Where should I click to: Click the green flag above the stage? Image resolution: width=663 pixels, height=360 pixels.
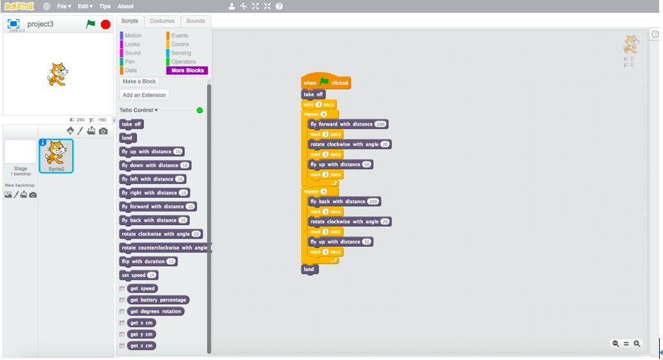[91, 24]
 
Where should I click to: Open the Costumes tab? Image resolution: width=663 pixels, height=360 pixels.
[162, 21]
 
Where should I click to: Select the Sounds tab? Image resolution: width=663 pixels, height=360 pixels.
[195, 21]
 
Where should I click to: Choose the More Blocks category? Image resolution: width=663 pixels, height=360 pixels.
[187, 71]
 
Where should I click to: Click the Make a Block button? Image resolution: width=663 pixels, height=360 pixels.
[140, 82]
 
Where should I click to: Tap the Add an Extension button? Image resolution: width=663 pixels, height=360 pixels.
[144, 95]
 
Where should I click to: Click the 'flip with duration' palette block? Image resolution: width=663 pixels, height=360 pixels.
[142, 262]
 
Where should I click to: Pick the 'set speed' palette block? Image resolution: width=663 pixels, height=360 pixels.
[133, 275]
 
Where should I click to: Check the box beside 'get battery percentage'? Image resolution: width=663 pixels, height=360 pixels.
[122, 300]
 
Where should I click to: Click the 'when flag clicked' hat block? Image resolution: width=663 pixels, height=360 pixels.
[325, 82]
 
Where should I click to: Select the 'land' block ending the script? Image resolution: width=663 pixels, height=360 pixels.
[309, 269]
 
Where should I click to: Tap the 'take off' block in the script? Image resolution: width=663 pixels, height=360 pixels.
[313, 94]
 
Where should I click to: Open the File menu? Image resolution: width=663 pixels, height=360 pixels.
[64, 6]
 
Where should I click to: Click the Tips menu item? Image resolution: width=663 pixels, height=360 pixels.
[105, 6]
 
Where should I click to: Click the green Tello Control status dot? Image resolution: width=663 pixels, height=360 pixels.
[199, 111]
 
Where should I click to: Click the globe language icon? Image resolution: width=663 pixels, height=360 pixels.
[47, 6]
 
